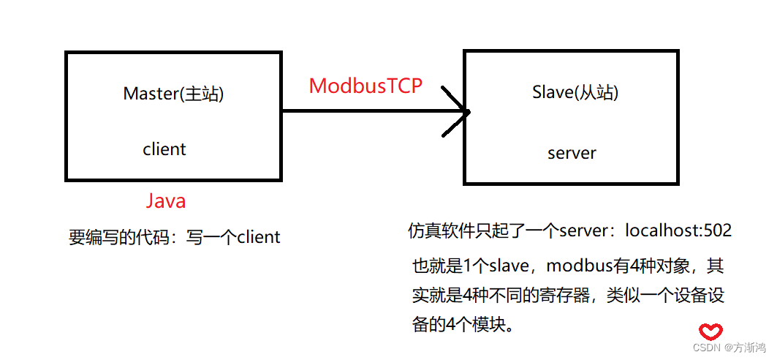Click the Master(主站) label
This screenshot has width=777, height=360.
pyautogui.click(x=173, y=94)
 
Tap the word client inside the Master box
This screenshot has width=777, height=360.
pyautogui.click(x=164, y=149)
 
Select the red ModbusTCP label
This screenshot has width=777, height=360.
pyautogui.click(x=365, y=86)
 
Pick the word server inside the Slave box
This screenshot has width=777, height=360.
pyautogui.click(x=572, y=154)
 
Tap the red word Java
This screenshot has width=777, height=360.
pyautogui.click(x=166, y=200)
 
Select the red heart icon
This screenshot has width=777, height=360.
pyautogui.click(x=710, y=331)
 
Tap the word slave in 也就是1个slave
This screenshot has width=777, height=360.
pyautogui.click(x=507, y=265)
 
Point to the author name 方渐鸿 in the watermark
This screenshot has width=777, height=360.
pyautogui.click(x=750, y=348)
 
